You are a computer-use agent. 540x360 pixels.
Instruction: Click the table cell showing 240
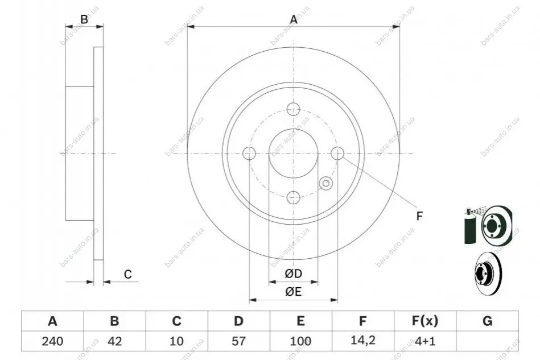tap(52, 341)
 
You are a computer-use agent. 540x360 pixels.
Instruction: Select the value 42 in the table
tap(115, 341)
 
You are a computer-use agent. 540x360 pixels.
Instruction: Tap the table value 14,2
tap(362, 341)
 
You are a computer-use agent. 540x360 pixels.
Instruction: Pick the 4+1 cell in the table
tap(425, 341)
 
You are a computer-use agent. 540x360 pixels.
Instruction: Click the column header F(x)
tap(425, 321)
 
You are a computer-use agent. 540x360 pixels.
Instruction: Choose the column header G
tap(487, 321)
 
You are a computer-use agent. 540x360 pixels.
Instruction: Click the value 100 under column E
tap(300, 341)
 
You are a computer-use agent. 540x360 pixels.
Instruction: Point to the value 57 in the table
tap(238, 341)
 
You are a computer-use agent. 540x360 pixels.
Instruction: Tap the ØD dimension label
tap(294, 274)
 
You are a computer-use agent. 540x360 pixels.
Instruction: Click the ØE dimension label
tap(294, 292)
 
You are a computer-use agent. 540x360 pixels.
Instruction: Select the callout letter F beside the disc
tap(419, 216)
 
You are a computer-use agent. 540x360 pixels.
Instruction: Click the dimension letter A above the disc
tap(294, 19)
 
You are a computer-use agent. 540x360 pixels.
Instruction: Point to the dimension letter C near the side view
tap(128, 274)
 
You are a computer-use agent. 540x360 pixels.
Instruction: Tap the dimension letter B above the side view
tap(84, 19)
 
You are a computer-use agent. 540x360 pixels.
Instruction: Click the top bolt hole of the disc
tap(294, 109)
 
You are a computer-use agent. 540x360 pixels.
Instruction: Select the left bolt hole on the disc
tap(249, 153)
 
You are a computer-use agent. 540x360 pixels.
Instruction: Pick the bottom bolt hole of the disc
tap(294, 197)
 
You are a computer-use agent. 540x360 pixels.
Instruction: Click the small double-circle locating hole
tap(326, 184)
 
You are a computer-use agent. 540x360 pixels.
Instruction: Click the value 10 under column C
tap(176, 341)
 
